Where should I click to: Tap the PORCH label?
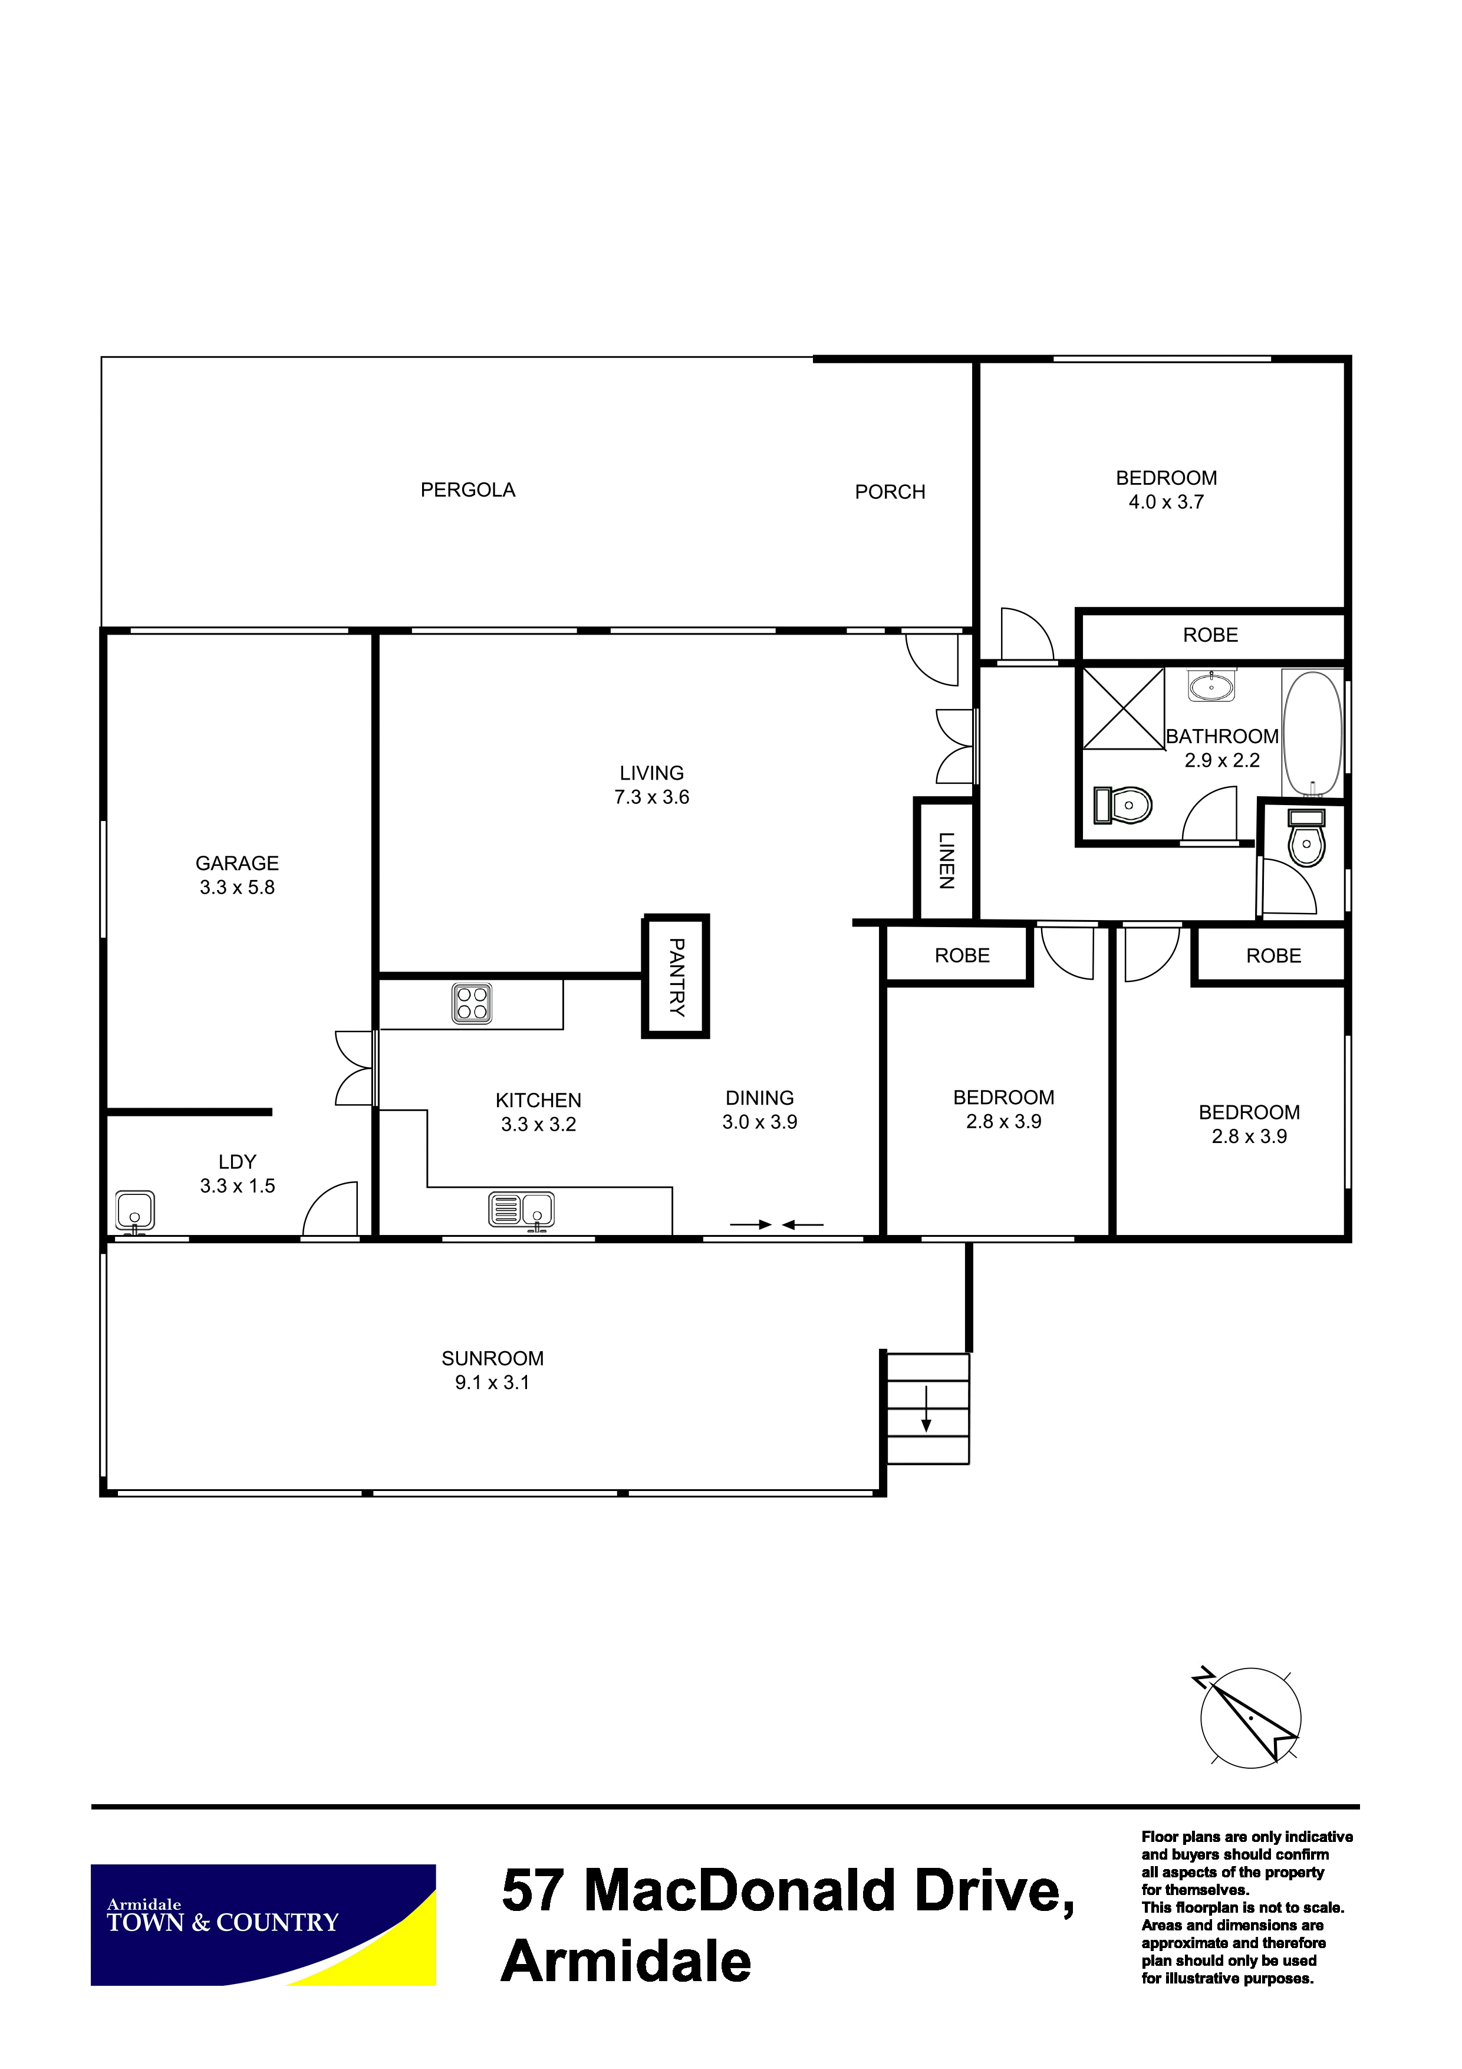pos(890,492)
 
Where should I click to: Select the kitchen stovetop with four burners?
pos(472,1003)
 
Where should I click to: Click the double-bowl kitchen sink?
pos(522,1210)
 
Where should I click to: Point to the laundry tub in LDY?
pos(135,1211)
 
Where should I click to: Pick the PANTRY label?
pos(677,977)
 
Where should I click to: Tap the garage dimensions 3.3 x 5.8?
pos(237,888)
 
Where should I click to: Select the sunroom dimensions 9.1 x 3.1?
pos(492,1382)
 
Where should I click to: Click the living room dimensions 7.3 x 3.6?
pos(651,797)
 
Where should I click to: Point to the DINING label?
pos(759,1098)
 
